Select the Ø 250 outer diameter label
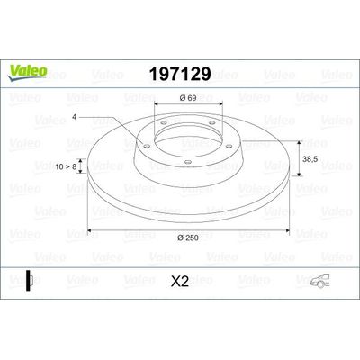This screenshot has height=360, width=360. point(187,236)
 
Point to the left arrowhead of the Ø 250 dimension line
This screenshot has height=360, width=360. point(88,229)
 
